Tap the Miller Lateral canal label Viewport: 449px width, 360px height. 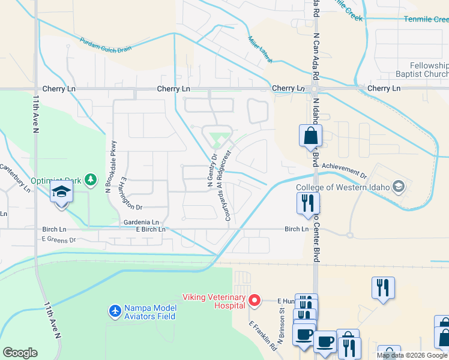[x=260, y=49]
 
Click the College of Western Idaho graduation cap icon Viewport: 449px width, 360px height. [x=397, y=186]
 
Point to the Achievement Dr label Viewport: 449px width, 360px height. [x=343, y=170]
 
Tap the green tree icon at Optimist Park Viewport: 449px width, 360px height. [x=90, y=179]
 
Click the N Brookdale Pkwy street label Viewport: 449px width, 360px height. [x=110, y=166]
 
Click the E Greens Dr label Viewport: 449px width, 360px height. [x=59, y=240]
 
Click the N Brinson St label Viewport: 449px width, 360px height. [x=280, y=324]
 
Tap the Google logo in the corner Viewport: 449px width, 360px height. [x=20, y=353]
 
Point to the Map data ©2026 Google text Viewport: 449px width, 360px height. [x=412, y=355]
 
